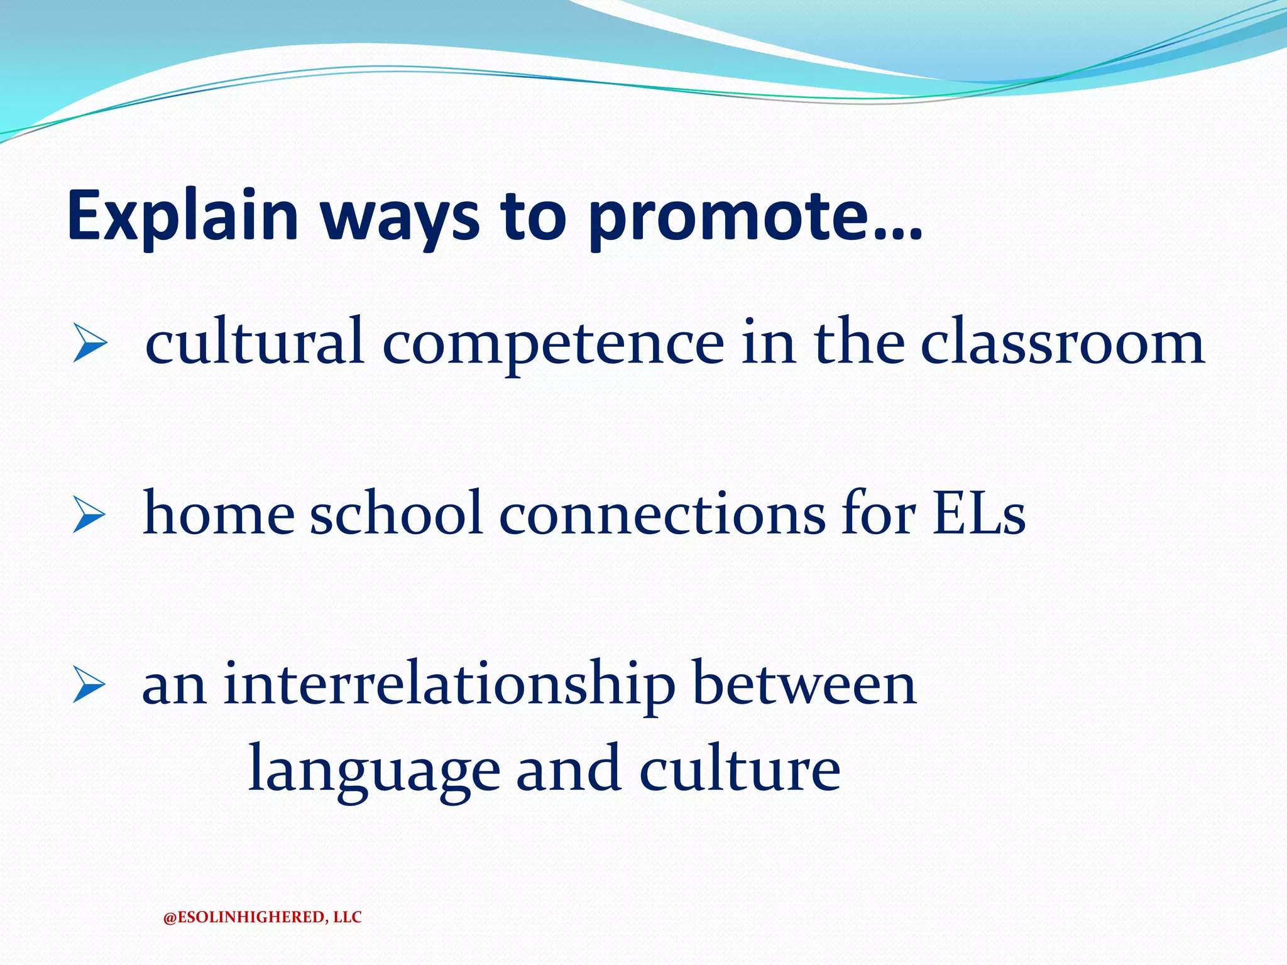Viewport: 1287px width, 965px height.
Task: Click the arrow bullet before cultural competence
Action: point(89,343)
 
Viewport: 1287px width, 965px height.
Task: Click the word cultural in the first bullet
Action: point(255,342)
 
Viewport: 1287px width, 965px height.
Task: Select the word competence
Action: point(553,344)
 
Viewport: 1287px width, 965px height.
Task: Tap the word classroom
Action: point(1062,342)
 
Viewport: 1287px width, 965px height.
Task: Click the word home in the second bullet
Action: point(219,514)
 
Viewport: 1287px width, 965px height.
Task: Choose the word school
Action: point(396,514)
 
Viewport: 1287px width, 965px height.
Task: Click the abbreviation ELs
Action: point(978,514)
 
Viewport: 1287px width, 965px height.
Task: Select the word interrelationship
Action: point(449,685)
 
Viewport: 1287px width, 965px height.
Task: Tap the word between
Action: point(804,685)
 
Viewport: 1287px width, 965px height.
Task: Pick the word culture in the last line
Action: point(740,770)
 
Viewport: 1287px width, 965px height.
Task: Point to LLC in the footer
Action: point(348,917)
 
